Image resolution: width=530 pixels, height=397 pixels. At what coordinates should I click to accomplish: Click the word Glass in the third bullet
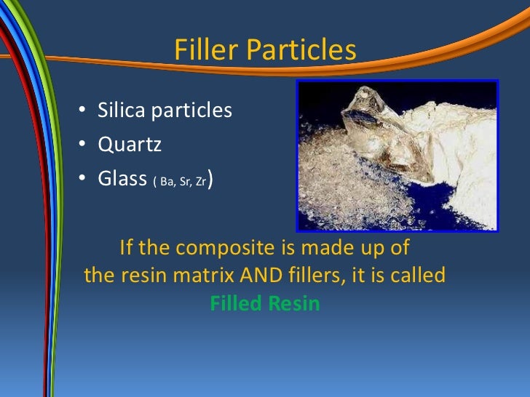click(123, 178)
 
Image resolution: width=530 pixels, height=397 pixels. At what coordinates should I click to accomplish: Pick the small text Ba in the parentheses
click(165, 181)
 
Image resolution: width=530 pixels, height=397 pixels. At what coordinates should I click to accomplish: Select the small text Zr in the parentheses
click(199, 181)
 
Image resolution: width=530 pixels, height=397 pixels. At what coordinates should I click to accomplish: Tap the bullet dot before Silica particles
click(84, 111)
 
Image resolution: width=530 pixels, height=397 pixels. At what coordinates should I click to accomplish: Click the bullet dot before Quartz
click(84, 145)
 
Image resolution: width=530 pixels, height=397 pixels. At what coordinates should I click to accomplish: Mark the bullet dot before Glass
click(84, 179)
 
